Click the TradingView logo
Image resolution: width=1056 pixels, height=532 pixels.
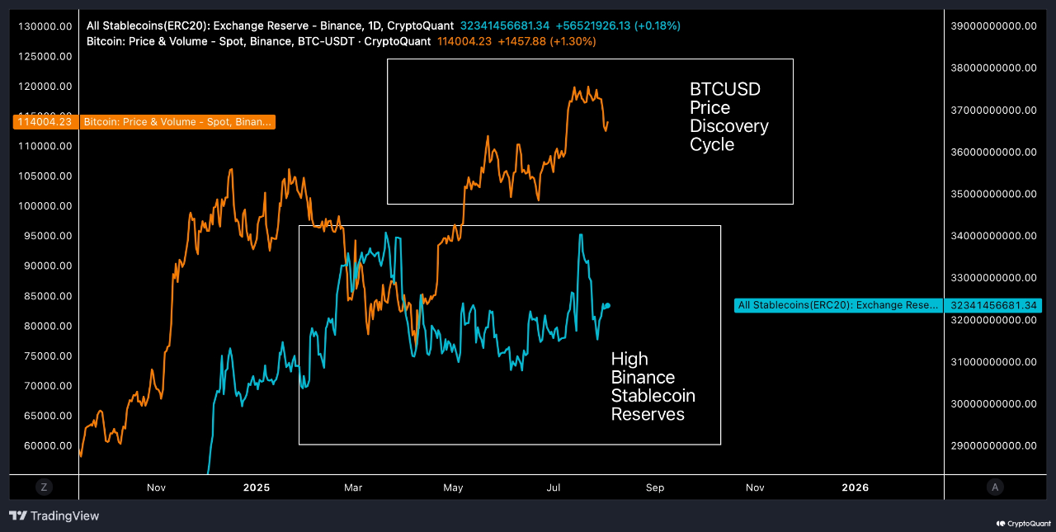54,516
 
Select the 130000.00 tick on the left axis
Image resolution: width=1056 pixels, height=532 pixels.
45,26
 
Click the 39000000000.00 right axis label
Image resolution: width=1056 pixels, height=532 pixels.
993,26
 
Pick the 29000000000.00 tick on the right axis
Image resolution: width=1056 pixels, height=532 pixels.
993,446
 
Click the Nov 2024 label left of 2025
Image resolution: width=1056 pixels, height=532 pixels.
156,487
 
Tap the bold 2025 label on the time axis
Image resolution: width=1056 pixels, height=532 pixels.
257,487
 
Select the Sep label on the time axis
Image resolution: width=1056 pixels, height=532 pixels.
654,487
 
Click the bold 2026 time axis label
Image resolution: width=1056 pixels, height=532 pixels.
855,487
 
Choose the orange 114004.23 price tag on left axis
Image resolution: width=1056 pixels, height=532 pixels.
47,122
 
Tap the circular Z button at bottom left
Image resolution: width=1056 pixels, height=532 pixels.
44,487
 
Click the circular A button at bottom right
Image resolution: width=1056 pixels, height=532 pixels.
995,487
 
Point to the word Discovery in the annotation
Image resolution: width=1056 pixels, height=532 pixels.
728,126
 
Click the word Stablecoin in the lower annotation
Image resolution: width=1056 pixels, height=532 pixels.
653,396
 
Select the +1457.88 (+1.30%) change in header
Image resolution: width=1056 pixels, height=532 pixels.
546,40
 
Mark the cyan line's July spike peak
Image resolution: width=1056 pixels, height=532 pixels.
581,235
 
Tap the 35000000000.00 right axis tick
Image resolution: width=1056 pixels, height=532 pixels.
993,194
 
